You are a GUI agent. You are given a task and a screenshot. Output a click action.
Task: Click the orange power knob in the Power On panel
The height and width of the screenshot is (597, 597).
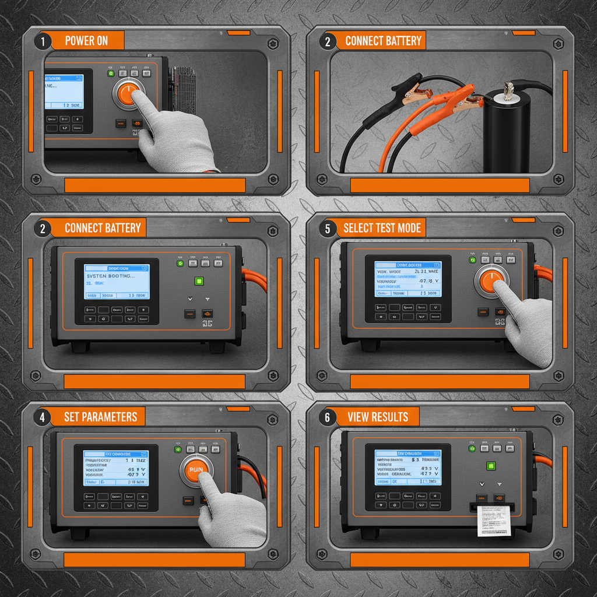pos(128,94)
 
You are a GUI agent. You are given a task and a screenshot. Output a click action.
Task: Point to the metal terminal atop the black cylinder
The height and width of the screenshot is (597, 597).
pos(507,89)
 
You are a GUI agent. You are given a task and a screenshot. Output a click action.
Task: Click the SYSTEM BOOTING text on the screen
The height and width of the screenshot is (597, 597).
pos(110,276)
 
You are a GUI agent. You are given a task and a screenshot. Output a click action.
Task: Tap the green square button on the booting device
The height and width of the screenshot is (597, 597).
pos(199,282)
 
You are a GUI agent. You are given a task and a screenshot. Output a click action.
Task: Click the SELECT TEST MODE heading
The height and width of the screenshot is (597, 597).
pos(382,227)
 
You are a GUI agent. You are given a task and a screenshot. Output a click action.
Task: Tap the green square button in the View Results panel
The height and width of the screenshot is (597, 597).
pos(491,466)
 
